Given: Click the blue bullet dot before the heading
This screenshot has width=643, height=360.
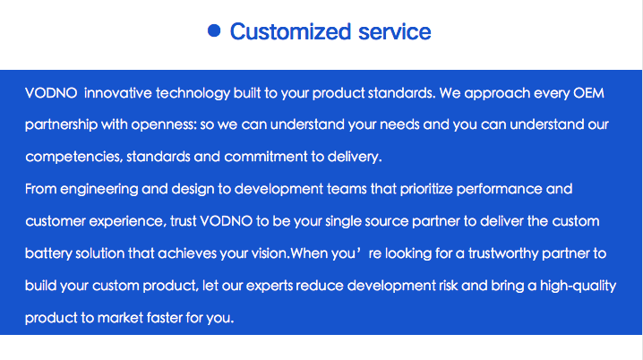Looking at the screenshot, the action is click(214, 30).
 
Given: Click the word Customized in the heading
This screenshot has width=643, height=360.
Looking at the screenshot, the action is click(290, 31).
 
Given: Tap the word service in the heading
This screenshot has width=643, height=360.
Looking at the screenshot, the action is click(395, 31).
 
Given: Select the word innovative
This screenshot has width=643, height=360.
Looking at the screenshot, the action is click(118, 93).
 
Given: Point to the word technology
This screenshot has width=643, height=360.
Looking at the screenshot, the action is click(193, 94).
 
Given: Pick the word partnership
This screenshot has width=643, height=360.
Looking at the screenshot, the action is click(61, 125).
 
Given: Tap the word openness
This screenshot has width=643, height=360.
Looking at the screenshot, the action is click(164, 125).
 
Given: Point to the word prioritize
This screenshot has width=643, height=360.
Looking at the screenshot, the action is click(426, 190).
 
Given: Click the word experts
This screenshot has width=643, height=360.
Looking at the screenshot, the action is click(270, 287).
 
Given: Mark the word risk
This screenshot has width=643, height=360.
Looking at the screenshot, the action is click(448, 286).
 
